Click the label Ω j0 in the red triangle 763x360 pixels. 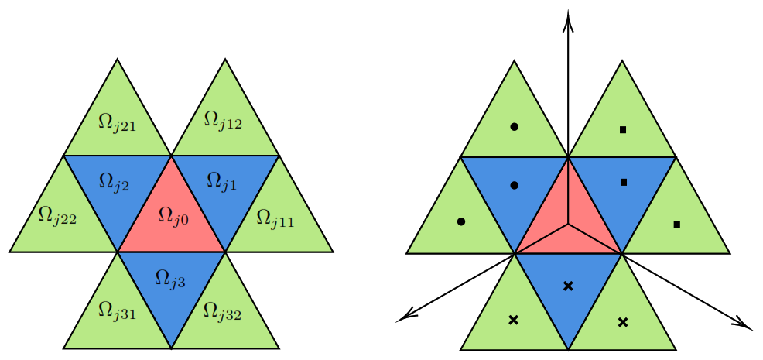click(x=173, y=217)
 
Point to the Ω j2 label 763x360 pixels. click(x=114, y=182)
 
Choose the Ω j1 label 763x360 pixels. click(x=222, y=182)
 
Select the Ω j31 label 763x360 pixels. click(x=117, y=310)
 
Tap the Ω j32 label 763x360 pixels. click(x=222, y=310)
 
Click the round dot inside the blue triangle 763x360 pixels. click(x=515, y=185)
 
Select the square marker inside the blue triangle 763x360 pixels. click(x=624, y=182)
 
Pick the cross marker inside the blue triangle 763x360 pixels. click(x=568, y=286)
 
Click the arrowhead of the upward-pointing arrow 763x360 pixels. click(x=567, y=22)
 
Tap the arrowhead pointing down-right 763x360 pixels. click(x=744, y=323)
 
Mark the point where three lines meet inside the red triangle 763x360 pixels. click(x=568, y=224)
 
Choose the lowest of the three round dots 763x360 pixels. click(x=461, y=221)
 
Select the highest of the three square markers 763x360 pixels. click(x=622, y=129)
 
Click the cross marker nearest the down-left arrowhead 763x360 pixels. click(x=513, y=320)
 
